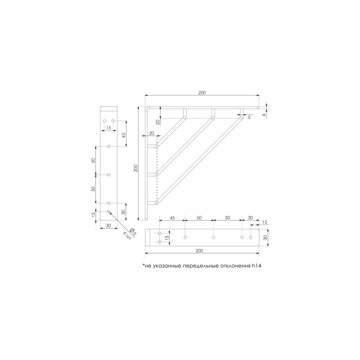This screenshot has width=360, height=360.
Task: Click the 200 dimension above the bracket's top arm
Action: [x=202, y=93]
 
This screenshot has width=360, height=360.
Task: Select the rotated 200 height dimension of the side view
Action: [x=135, y=168]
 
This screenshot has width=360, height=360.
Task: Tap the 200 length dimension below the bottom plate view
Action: [x=199, y=251]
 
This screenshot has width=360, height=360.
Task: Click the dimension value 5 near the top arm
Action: [x=249, y=117]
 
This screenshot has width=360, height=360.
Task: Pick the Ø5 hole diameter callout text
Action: [x=133, y=231]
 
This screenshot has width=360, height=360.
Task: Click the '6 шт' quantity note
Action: [x=127, y=236]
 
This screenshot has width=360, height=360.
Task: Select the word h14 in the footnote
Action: [x=256, y=266]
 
